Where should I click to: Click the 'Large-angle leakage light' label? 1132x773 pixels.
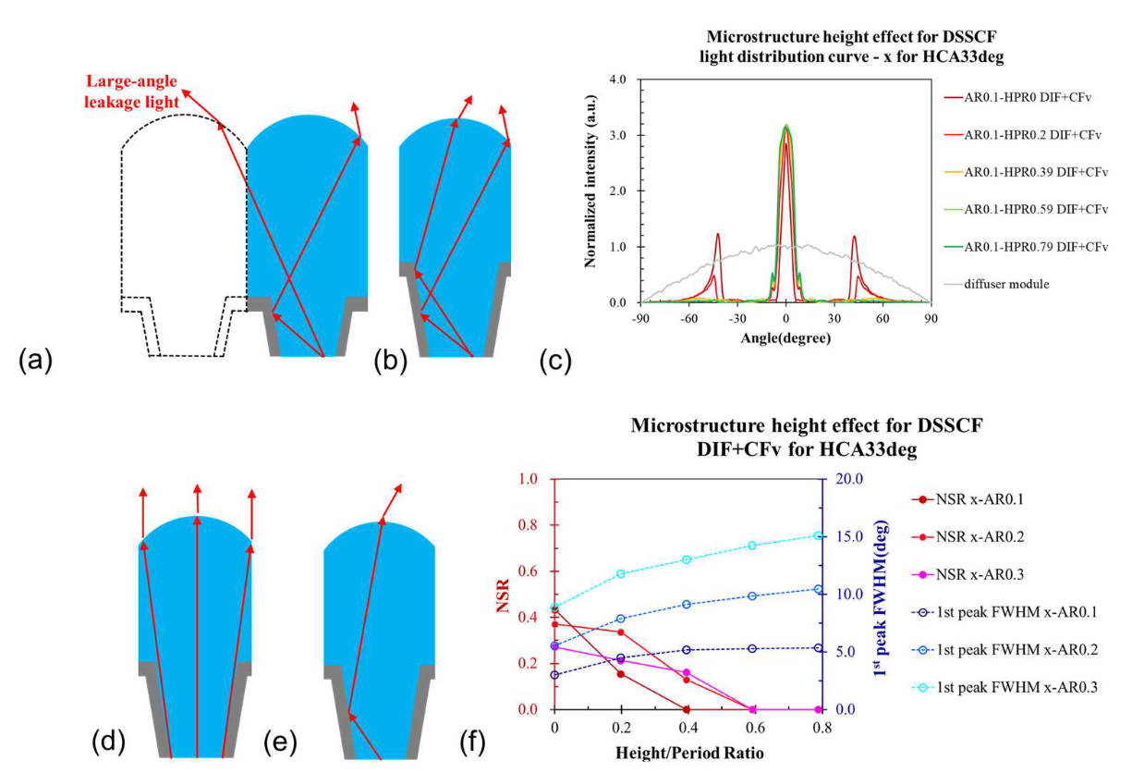click(131, 92)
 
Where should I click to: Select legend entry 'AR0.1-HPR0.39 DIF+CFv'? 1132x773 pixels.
click(1026, 172)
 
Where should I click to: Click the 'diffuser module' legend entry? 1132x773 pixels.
click(996, 284)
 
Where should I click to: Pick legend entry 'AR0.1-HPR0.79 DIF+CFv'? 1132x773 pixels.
click(1026, 247)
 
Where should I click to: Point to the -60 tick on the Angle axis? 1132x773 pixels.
click(688, 318)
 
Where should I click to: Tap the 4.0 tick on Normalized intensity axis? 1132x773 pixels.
click(617, 80)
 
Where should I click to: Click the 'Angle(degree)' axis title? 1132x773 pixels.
click(785, 337)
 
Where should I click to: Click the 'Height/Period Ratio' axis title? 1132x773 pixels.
click(689, 753)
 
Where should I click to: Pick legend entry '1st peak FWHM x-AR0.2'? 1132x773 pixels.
click(1004, 650)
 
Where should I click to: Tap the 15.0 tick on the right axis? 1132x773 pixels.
click(848, 536)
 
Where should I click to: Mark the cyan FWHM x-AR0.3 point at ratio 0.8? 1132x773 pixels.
click(818, 535)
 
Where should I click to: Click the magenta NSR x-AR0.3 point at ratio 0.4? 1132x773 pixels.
click(687, 672)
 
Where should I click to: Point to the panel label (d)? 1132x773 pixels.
click(108, 742)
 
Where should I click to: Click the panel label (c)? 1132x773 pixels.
click(555, 361)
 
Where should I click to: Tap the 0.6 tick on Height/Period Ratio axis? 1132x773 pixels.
click(754, 728)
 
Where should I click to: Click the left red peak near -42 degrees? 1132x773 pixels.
click(717, 235)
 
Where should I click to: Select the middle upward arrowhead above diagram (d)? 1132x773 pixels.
click(198, 488)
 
